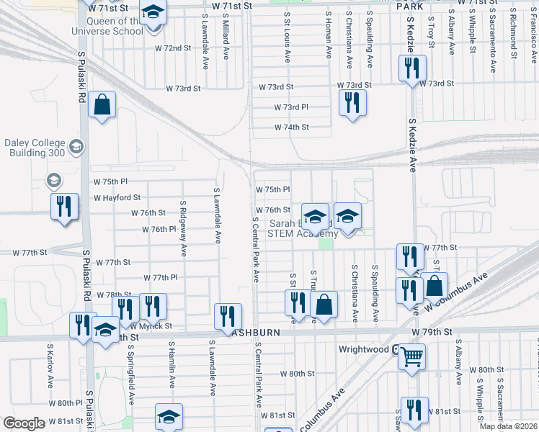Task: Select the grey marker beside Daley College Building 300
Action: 76,148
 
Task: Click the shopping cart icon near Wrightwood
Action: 411,354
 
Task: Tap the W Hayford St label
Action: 117,197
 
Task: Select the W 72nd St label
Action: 173,48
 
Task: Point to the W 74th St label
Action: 291,127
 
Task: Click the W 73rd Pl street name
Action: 291,107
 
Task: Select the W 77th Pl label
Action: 161,277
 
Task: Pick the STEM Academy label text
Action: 302,233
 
